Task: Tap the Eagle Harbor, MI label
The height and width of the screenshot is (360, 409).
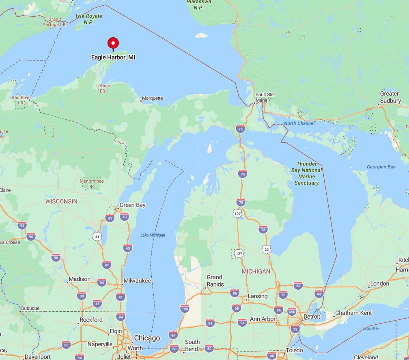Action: pyautogui.click(x=113, y=58)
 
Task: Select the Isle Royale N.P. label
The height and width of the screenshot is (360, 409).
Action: pyautogui.click(x=89, y=19)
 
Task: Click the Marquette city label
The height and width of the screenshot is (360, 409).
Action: pyautogui.click(x=153, y=98)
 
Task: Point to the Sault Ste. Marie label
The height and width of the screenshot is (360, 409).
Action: pyautogui.click(x=265, y=97)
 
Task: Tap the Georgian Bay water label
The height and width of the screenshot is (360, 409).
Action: pyautogui.click(x=381, y=167)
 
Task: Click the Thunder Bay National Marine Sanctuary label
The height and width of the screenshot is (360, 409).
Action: pyautogui.click(x=306, y=173)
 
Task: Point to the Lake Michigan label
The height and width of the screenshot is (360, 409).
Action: pyautogui.click(x=153, y=235)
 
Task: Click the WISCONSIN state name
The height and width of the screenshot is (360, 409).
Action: pyautogui.click(x=61, y=201)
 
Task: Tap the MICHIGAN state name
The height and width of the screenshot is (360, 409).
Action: pyautogui.click(x=256, y=271)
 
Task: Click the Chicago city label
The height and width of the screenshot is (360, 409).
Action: pyautogui.click(x=147, y=338)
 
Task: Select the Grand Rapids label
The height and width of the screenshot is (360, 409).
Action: pyautogui.click(x=215, y=281)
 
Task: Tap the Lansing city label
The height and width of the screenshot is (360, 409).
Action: pyautogui.click(x=258, y=296)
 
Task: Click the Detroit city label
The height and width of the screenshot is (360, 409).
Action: pyautogui.click(x=312, y=316)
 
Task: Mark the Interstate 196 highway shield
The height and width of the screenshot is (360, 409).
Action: pyautogui.click(x=185, y=309)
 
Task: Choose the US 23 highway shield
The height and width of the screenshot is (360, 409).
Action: pyautogui.click(x=266, y=250)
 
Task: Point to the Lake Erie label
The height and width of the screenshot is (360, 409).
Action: pyautogui.click(x=371, y=328)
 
